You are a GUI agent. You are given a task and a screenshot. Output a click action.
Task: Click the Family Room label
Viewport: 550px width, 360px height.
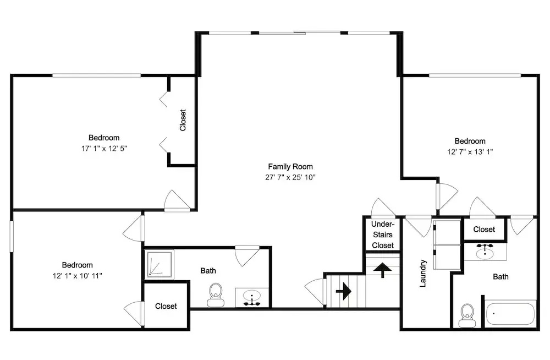290,166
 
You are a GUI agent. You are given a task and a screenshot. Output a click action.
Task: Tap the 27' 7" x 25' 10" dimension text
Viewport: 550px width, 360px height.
290,177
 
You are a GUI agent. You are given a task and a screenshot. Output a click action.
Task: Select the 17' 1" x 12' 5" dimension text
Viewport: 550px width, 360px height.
104,149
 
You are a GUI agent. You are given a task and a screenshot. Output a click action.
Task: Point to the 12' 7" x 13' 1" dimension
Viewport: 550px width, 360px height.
470,152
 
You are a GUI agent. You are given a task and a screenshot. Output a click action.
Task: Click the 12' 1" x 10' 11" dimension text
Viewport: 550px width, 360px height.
77,276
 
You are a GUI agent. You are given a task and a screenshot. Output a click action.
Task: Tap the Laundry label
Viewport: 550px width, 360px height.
423,273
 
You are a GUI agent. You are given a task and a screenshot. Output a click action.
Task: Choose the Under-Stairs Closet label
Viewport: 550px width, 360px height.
383,234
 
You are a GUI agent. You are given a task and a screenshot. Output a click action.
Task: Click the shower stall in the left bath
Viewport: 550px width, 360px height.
159,264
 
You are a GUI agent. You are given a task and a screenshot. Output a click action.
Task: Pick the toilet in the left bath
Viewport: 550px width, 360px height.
216,295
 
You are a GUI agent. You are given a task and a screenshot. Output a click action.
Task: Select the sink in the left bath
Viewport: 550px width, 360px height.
252,297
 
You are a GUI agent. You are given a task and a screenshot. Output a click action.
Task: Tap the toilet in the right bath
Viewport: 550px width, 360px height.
467,315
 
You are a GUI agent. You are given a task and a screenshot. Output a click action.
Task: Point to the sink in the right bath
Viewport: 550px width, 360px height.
485,251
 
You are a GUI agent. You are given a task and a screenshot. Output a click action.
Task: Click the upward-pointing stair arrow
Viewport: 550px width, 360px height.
382,270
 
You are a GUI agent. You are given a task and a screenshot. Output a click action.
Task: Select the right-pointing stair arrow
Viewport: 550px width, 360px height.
343,291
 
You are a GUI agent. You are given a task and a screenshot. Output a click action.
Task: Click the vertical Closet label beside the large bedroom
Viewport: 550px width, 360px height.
183,120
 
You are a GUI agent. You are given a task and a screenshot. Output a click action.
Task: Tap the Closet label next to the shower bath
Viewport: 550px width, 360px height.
166,306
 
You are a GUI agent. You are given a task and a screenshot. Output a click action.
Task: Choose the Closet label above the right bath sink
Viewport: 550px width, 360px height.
484,230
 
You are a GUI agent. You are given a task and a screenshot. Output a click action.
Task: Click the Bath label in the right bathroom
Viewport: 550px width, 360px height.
501,277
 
